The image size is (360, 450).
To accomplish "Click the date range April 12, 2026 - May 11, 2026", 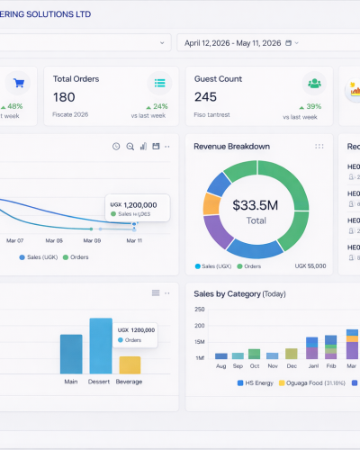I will (x=241, y=42).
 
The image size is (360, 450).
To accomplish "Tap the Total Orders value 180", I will (x=64, y=97).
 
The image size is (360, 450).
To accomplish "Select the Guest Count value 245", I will (x=205, y=97).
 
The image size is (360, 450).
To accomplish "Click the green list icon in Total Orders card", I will (x=159, y=84).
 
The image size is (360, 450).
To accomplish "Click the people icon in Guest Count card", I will (x=314, y=84).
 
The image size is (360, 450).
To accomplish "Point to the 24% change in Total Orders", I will (x=158, y=106).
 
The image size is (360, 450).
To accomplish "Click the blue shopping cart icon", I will (x=17, y=84).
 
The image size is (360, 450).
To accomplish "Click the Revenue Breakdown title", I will (x=231, y=146).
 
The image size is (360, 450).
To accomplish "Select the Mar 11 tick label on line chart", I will (x=134, y=240).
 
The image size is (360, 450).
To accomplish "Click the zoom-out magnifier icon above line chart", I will (x=130, y=146).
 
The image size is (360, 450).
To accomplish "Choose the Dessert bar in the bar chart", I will (x=101, y=346).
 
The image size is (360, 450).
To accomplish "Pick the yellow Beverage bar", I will (x=130, y=364).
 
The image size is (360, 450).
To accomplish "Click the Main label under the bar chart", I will (x=71, y=382).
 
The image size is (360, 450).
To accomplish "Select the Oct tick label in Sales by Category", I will (x=254, y=366).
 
